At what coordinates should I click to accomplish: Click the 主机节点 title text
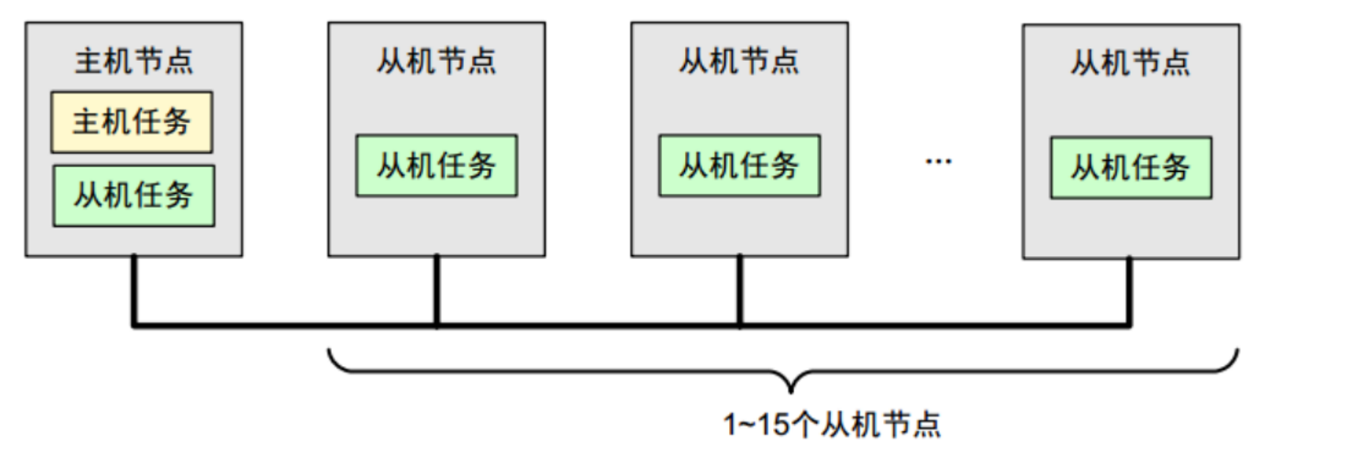[x=134, y=61]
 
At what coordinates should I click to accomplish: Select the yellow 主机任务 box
[x=131, y=122]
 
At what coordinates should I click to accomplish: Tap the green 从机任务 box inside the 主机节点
[x=134, y=196]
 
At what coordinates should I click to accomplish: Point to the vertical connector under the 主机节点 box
[x=135, y=291]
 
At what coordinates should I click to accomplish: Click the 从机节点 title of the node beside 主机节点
[x=436, y=61]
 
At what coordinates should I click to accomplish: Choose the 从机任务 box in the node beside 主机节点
[x=436, y=166]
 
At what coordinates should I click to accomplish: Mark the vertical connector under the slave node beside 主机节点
[x=437, y=291]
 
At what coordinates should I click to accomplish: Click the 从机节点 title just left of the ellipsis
[x=739, y=61]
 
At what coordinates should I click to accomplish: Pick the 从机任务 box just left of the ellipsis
[x=739, y=166]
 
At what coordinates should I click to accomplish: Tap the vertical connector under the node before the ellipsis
[x=740, y=291]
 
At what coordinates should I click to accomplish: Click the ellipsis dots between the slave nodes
[x=938, y=161]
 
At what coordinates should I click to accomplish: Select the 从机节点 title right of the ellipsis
[x=1130, y=63]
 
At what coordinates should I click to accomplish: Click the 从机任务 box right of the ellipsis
[x=1130, y=169]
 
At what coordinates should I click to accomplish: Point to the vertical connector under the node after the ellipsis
[x=1129, y=292]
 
